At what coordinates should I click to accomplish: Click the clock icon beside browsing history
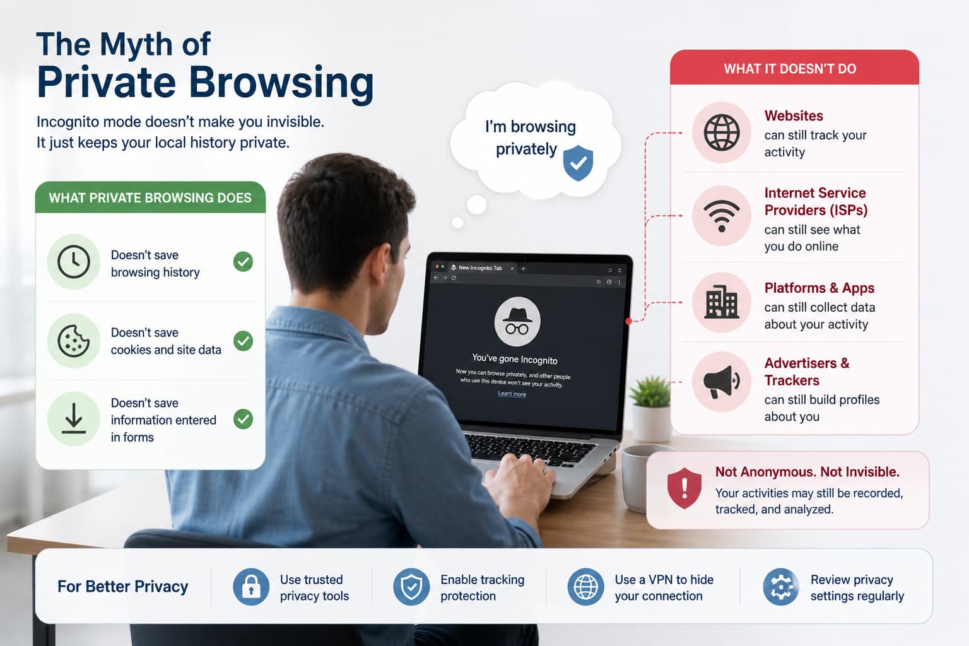(x=74, y=262)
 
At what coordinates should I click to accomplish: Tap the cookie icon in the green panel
(x=74, y=341)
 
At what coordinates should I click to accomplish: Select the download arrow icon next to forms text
(x=74, y=418)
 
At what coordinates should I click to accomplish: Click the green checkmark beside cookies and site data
(x=243, y=341)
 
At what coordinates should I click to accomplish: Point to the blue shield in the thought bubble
(x=578, y=163)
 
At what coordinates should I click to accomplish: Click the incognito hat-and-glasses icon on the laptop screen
(x=517, y=322)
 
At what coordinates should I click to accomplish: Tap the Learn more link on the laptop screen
(x=512, y=394)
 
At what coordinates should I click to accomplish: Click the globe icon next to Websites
(x=722, y=132)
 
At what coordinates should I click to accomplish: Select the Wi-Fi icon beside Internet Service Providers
(x=722, y=216)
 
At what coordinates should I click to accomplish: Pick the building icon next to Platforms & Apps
(x=722, y=302)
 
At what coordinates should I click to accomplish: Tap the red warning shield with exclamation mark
(x=684, y=488)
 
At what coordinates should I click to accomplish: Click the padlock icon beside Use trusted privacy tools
(x=251, y=587)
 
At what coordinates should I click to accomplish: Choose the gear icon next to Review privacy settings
(x=781, y=587)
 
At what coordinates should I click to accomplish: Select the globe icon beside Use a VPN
(x=585, y=587)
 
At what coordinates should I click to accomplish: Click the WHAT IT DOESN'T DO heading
(x=790, y=69)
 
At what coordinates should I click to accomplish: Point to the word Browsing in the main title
(x=281, y=84)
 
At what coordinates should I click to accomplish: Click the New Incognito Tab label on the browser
(x=480, y=268)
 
